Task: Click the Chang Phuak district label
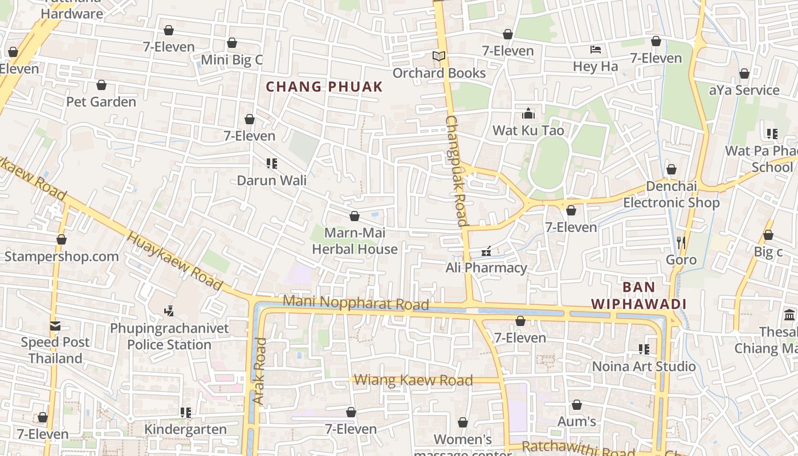324,87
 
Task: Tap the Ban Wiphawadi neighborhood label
638,295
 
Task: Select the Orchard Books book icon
438,56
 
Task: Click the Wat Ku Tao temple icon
528,113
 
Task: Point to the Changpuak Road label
457,171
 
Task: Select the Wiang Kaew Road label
413,380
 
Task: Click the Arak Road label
260,371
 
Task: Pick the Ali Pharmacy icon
486,251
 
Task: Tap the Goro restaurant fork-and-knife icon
681,243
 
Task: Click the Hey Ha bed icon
596,50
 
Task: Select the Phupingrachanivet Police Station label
169,336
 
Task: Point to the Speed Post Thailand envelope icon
55,326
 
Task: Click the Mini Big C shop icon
232,43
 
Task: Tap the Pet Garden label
101,102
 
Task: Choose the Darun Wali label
272,181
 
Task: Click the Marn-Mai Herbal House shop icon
354,217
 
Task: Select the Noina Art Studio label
644,366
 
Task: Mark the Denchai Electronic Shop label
671,194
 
